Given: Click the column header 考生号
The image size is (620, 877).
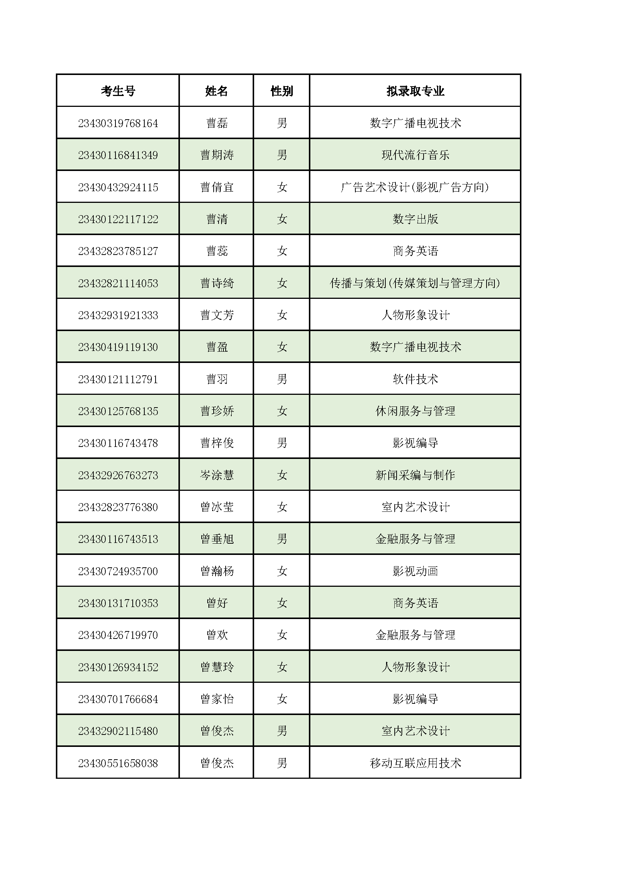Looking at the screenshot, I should click(118, 91).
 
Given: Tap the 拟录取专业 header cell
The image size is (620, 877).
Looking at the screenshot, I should click(415, 91).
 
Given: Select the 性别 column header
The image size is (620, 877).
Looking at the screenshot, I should click(282, 91).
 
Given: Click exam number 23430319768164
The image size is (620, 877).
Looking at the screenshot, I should click(118, 123).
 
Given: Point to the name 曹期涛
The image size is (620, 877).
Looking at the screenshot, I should click(216, 155).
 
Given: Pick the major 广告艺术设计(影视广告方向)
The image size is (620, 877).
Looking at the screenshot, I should click(415, 187).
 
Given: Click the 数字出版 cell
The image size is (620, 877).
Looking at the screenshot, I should click(415, 219).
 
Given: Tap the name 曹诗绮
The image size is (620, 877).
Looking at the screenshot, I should click(216, 283).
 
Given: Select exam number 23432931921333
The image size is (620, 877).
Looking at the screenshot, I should click(118, 315).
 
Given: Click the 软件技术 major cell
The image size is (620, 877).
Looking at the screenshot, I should click(415, 379).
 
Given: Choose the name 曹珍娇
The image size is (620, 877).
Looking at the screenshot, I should click(216, 411).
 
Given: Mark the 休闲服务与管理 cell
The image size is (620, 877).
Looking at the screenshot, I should click(415, 411).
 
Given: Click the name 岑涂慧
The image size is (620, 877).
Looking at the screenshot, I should click(216, 475).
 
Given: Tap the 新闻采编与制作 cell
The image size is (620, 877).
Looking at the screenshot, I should click(415, 475).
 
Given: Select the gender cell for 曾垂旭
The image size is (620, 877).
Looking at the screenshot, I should click(282, 539).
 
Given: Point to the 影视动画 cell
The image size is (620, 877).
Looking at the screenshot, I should click(415, 571).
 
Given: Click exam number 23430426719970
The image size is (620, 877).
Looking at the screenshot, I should click(118, 635).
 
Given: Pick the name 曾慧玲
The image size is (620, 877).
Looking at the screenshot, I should click(216, 667).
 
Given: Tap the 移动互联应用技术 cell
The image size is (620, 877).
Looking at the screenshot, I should click(415, 763).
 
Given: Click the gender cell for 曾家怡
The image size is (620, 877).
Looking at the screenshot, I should click(282, 699).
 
